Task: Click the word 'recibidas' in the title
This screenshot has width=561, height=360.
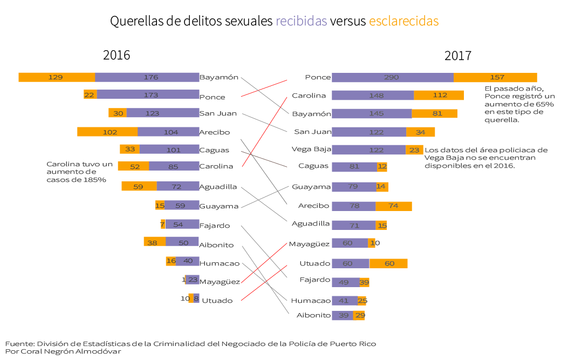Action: tap(301, 21)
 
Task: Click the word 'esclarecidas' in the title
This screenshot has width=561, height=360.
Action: tap(403, 21)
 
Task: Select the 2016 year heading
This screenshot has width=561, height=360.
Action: tap(117, 55)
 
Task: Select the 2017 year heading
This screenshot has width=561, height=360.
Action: tap(458, 56)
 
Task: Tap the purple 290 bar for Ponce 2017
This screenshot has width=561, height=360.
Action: tap(392, 77)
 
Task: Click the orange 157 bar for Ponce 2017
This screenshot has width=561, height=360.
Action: tap(495, 77)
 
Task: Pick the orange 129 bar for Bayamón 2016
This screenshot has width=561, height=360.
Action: tap(57, 77)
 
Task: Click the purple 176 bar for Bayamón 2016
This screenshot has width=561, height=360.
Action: tap(147, 77)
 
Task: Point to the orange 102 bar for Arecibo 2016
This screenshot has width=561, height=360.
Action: tap(107, 132)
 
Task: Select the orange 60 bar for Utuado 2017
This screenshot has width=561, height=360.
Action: tap(388, 263)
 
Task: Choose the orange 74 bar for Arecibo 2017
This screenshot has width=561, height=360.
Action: tap(394, 206)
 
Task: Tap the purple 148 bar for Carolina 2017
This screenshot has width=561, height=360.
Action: tap(373, 96)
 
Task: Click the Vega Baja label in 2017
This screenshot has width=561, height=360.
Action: tap(311, 149)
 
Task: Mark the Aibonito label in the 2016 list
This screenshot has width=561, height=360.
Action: tap(216, 244)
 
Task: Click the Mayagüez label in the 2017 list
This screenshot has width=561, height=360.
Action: tap(309, 244)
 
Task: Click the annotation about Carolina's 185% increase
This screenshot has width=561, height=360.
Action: tap(79, 172)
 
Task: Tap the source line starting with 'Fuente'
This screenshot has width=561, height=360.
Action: tap(190, 343)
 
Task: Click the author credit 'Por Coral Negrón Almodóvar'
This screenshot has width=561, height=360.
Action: tap(63, 351)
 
